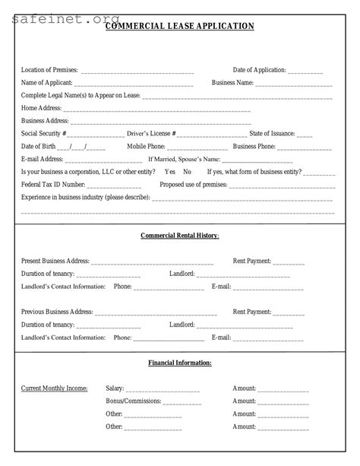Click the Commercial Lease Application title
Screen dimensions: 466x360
click(179, 26)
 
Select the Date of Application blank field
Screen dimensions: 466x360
click(305, 71)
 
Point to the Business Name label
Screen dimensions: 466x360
click(232, 83)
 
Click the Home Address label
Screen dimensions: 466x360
click(41, 108)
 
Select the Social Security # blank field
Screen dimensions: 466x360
click(96, 134)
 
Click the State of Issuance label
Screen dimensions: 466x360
click(272, 134)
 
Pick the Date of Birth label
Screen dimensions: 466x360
click(38, 146)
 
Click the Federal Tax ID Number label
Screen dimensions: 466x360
click(53, 185)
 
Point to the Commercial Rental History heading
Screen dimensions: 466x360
click(179, 236)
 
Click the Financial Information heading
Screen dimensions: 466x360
click(179, 363)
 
